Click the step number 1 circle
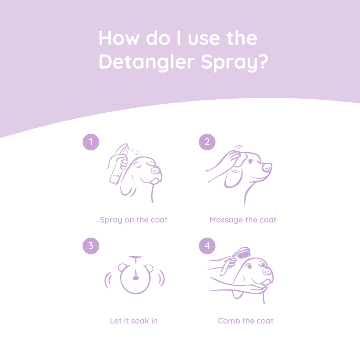(x=91, y=142)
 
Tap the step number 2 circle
(x=207, y=142)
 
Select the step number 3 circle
(x=91, y=246)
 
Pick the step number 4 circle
(x=207, y=246)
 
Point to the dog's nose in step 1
(x=156, y=170)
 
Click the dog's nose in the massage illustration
(x=267, y=167)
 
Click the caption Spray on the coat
(x=134, y=220)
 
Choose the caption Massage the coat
(x=243, y=220)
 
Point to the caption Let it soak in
(x=134, y=320)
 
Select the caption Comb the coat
(x=246, y=320)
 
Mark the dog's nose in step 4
(x=267, y=271)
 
